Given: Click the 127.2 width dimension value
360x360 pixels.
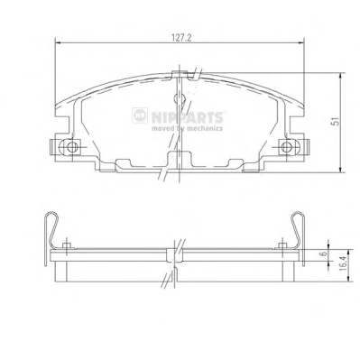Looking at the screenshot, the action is (x=181, y=38).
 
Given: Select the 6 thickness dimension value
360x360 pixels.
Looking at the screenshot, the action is (x=324, y=254).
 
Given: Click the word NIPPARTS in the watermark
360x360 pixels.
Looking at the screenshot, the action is (x=187, y=117).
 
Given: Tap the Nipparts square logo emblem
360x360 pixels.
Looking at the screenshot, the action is (x=140, y=115).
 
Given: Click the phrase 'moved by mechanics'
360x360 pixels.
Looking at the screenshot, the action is (x=187, y=128).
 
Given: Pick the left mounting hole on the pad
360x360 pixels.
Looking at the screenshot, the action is (x=71, y=147).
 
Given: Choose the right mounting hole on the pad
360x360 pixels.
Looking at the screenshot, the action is (x=286, y=147).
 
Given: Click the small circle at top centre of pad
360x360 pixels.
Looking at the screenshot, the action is (x=179, y=98).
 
